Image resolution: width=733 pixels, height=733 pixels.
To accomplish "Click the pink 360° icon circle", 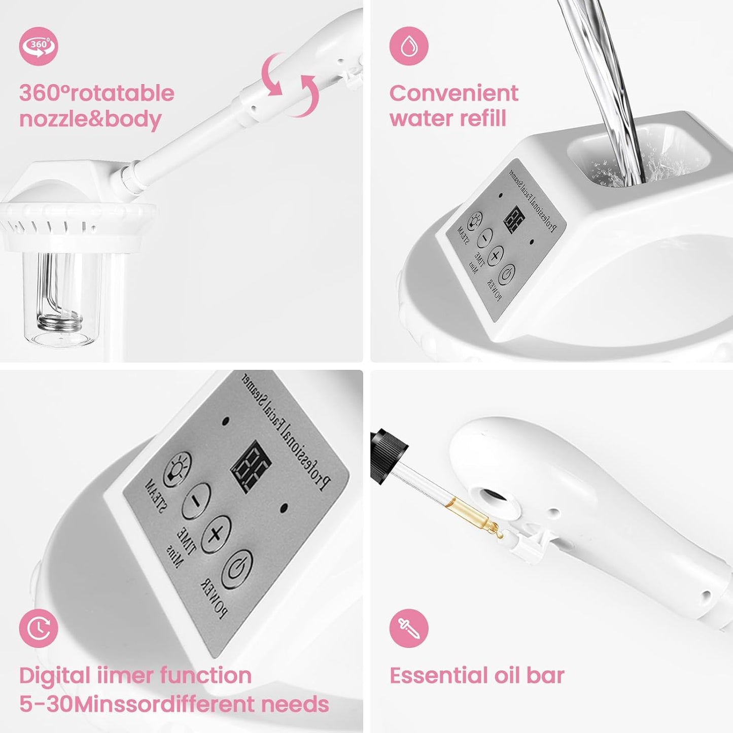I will click(x=39, y=46).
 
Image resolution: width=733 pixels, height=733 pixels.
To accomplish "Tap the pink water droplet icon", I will click(x=409, y=46).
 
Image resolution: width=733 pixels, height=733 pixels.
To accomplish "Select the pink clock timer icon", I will click(x=39, y=628).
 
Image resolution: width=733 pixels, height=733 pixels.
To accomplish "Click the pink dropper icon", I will click(x=409, y=628).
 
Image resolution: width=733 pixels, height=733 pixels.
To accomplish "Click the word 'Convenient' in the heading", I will click(x=453, y=93).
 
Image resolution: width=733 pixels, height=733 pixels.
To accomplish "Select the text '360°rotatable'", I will click(x=96, y=93).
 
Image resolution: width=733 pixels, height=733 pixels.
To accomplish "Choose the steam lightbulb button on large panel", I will click(x=178, y=469).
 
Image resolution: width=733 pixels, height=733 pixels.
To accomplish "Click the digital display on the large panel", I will click(x=251, y=466).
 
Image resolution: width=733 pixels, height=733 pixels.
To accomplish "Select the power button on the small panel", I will click(x=506, y=274).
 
